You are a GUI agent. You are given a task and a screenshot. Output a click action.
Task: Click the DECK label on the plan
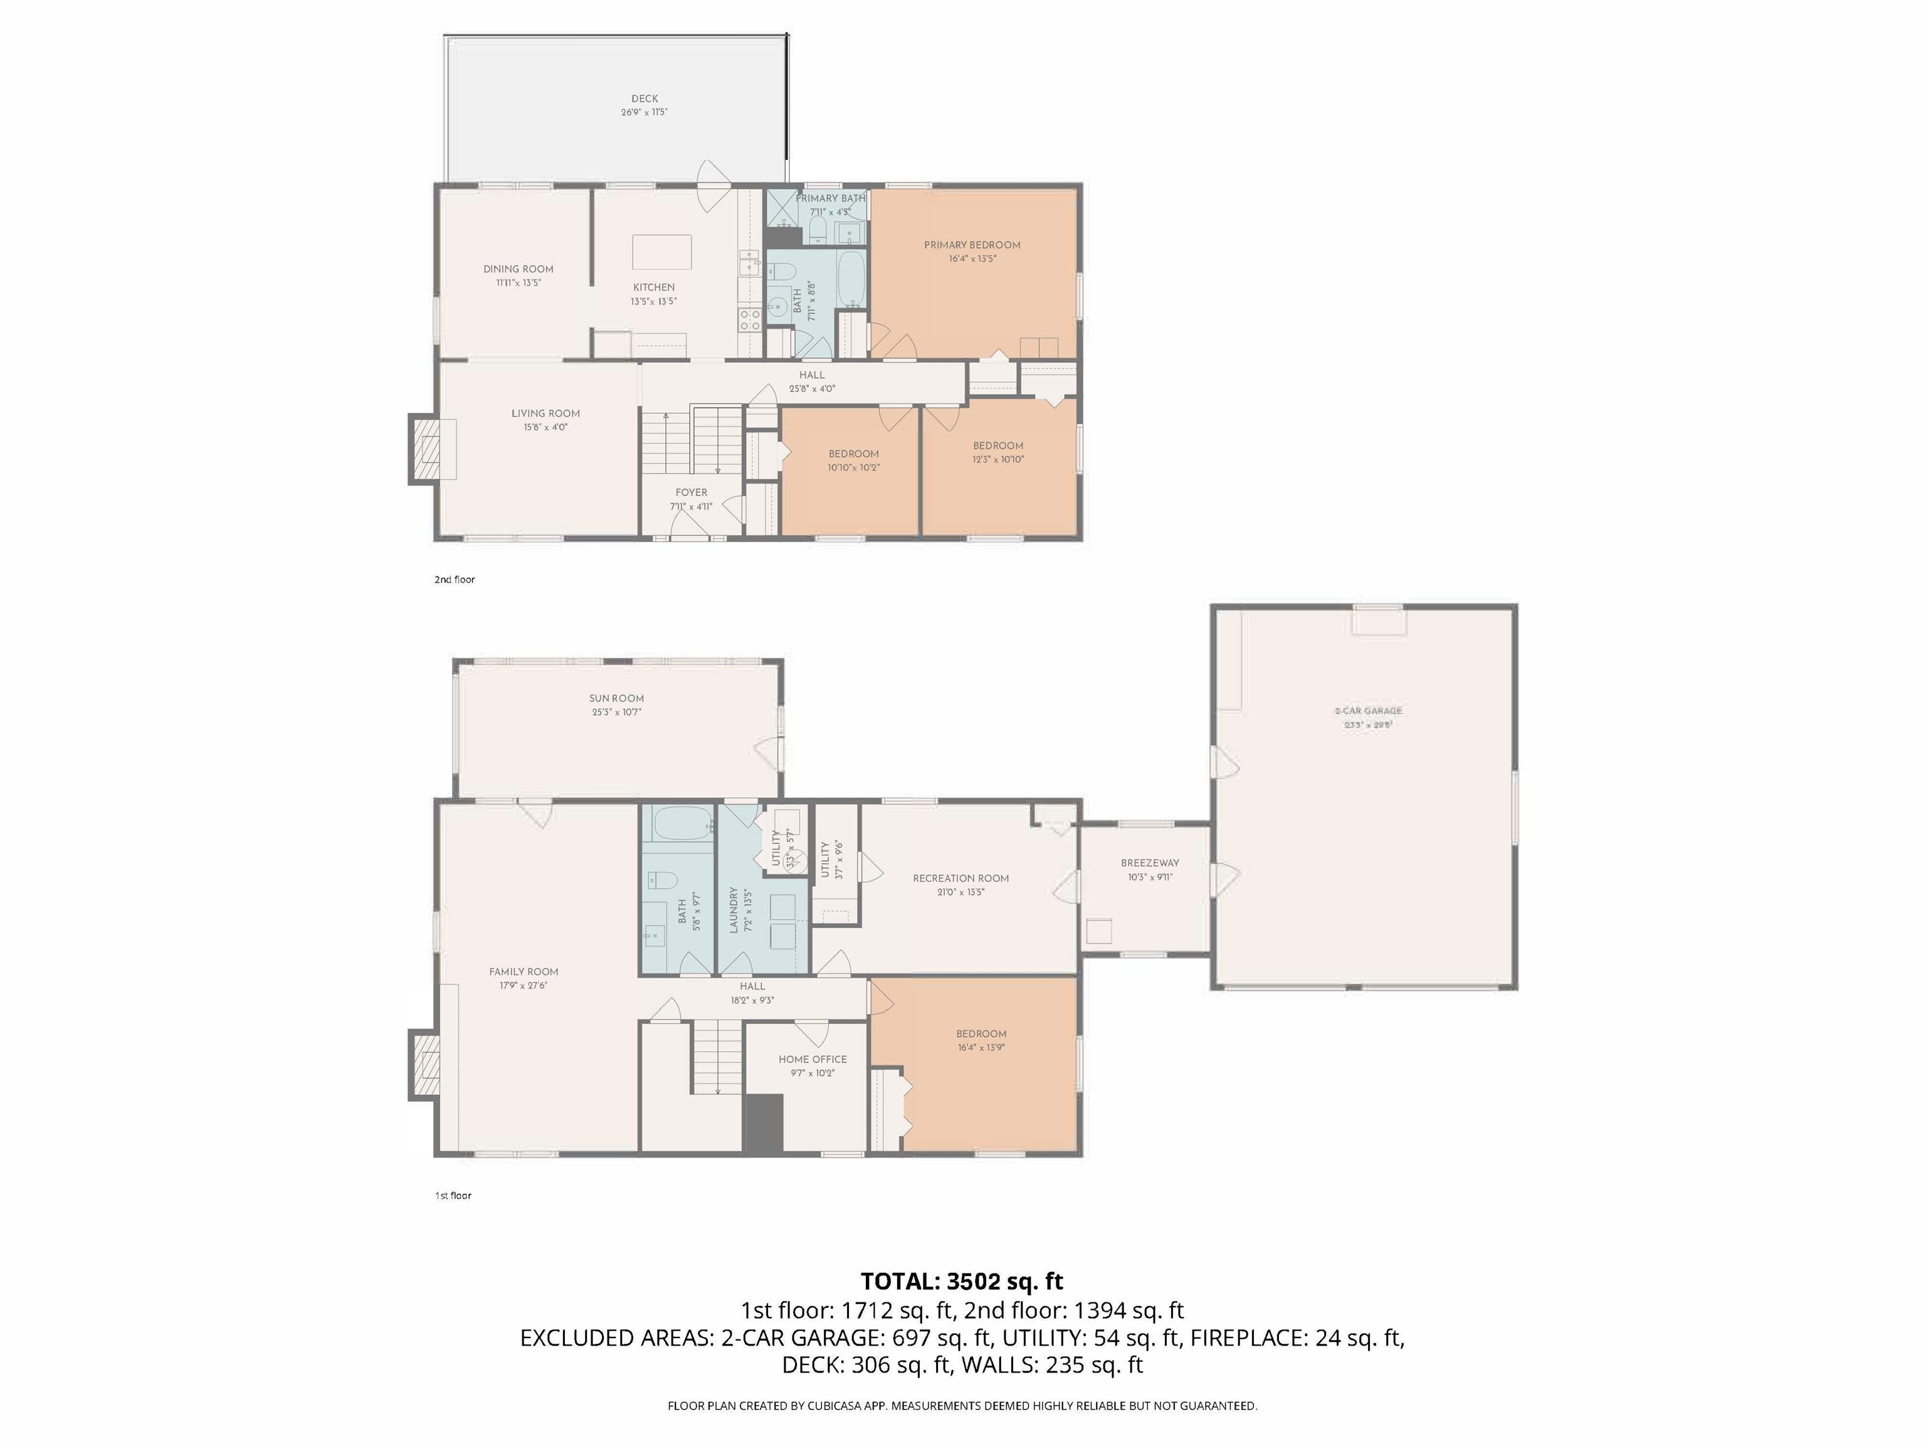click(645, 98)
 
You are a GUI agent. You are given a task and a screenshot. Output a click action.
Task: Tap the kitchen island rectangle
click(661, 251)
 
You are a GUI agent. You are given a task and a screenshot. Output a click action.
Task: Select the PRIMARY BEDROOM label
click(972, 244)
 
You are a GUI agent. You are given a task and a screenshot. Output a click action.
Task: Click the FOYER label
click(692, 493)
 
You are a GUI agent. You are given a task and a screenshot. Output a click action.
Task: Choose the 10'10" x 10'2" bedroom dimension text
click(853, 468)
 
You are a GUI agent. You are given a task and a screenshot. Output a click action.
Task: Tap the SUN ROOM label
click(616, 698)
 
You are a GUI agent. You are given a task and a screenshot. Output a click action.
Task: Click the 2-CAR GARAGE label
click(1368, 711)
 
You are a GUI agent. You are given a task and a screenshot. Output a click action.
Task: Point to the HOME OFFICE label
click(813, 1059)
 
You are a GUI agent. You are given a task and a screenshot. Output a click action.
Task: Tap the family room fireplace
click(425, 1065)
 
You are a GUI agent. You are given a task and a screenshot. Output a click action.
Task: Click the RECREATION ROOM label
click(960, 878)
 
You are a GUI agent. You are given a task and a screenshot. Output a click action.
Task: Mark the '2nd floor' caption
click(455, 580)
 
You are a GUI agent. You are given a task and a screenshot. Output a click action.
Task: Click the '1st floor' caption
click(453, 1196)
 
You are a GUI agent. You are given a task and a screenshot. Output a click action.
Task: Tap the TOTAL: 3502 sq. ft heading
click(961, 1281)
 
